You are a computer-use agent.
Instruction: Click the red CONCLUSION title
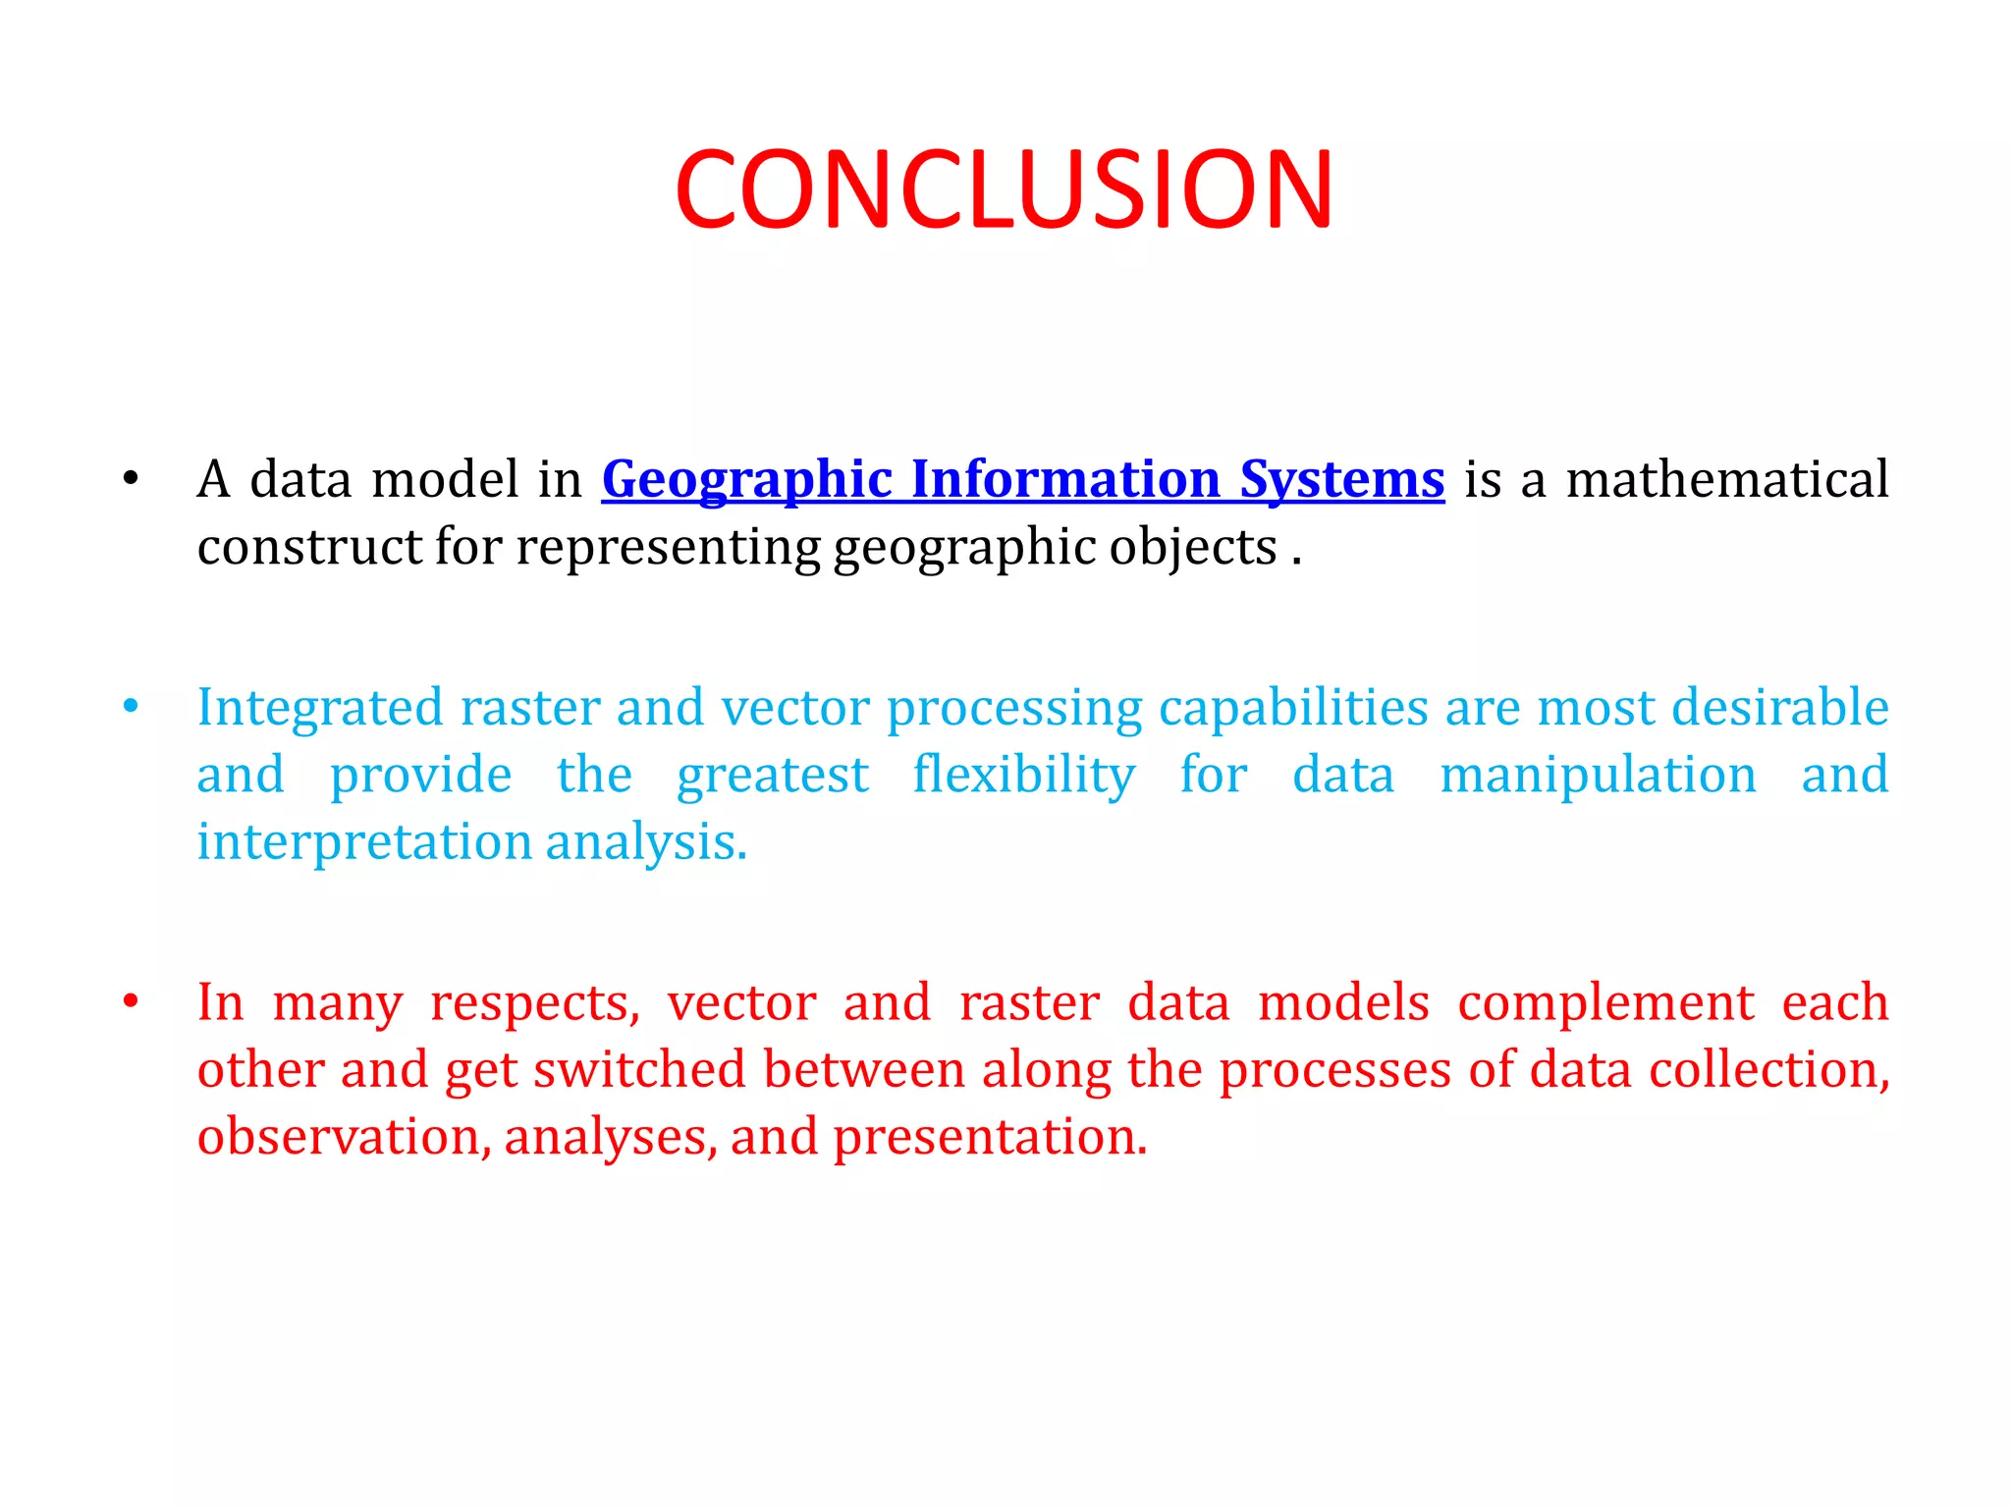(x=1004, y=189)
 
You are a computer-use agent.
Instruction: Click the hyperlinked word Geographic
(x=746, y=480)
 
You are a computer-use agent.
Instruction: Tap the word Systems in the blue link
(x=1341, y=480)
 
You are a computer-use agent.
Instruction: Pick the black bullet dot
(x=131, y=479)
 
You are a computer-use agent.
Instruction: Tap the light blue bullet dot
(x=131, y=707)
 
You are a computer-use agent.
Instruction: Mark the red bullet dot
(x=131, y=1001)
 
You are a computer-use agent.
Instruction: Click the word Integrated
(x=320, y=708)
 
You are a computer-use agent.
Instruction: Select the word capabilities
(x=1293, y=708)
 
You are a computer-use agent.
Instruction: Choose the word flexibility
(x=1024, y=775)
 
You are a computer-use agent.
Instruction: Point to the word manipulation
(x=1598, y=775)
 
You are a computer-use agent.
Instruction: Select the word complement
(x=1605, y=1002)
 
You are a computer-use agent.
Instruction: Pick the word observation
(x=340, y=1137)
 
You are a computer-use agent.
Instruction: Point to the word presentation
(x=990, y=1137)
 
